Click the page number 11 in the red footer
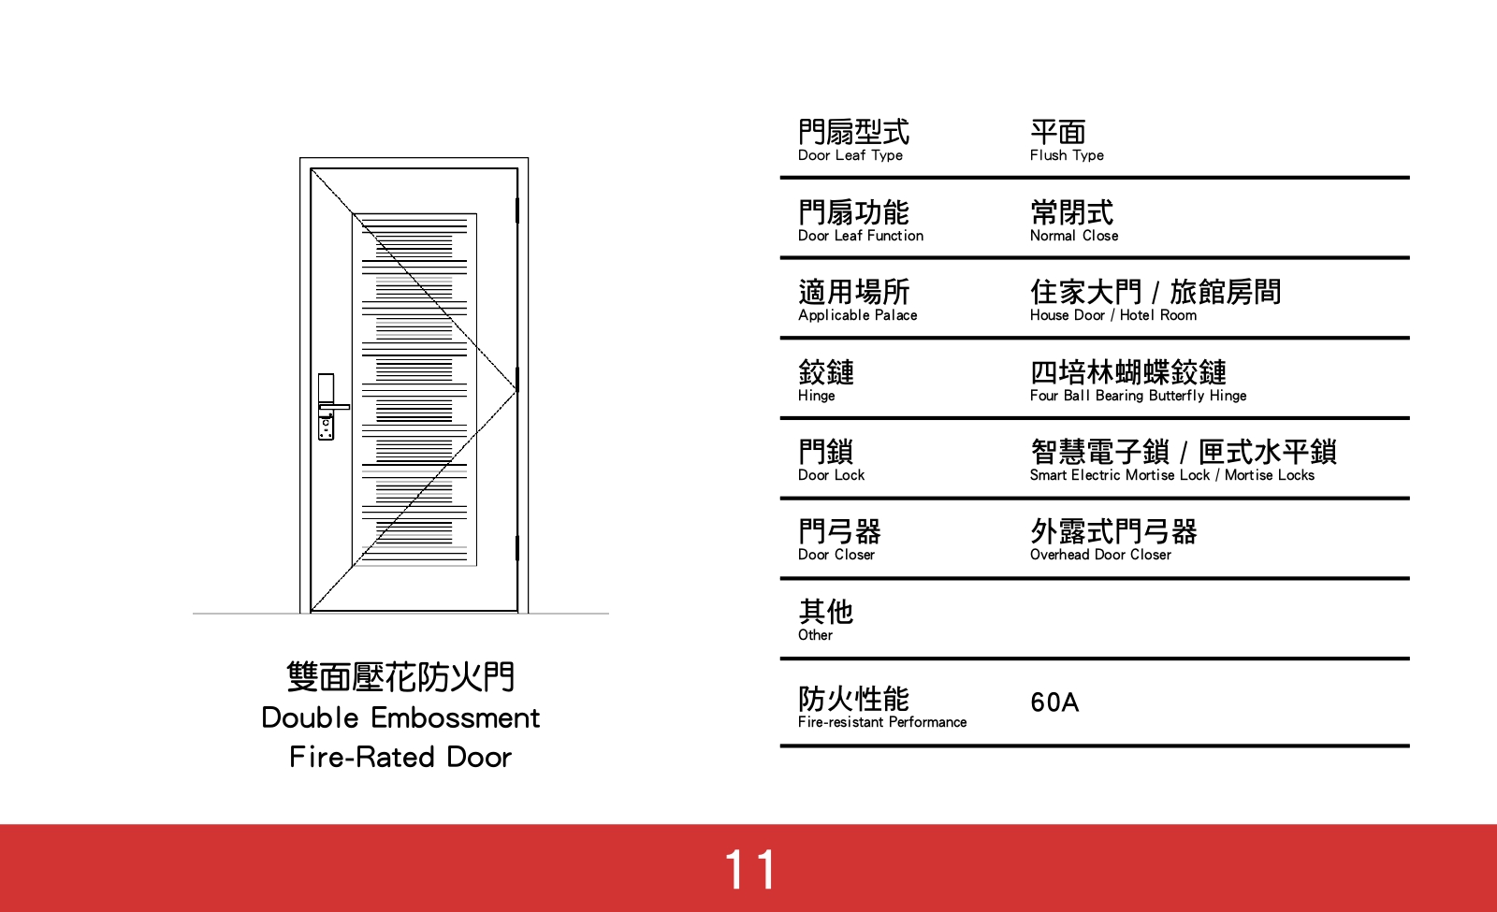point(749,869)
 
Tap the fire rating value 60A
point(1054,702)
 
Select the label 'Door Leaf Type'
point(850,155)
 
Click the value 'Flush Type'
point(1067,155)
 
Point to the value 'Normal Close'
point(1074,236)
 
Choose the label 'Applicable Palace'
point(857,315)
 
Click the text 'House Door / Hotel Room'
point(1113,315)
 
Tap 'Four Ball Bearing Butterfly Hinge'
point(1138,396)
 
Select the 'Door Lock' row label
point(831,475)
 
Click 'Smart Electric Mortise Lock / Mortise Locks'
point(1171,475)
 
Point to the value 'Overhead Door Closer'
point(1100,555)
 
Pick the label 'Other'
point(815,635)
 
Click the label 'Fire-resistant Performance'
point(882,722)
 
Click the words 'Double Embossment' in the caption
point(400,717)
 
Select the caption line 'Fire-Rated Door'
point(400,757)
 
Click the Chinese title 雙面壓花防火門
point(400,676)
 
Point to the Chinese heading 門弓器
point(839,531)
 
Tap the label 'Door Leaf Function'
point(861,236)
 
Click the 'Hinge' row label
point(816,396)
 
